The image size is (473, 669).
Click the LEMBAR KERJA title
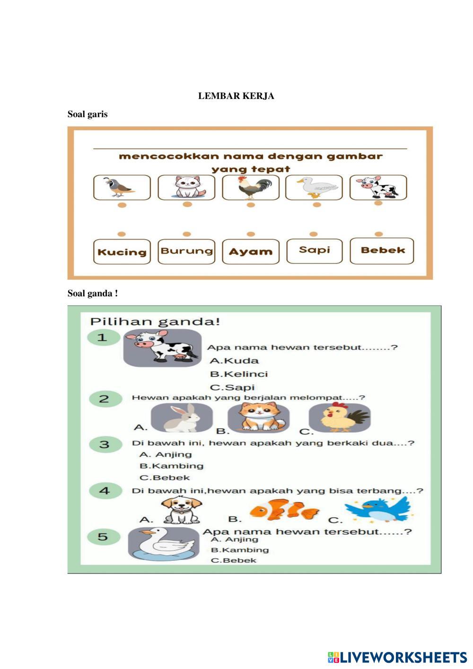click(x=236, y=96)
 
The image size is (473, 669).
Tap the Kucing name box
click(x=122, y=252)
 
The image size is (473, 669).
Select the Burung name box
click(x=186, y=251)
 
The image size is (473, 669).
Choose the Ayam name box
click(x=251, y=252)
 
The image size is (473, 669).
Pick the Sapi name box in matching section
click(x=314, y=250)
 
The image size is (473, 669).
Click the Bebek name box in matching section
click(x=382, y=250)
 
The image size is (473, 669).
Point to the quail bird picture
click(x=122, y=188)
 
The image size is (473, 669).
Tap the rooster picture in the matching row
click(x=251, y=188)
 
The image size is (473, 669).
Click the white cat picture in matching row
click(x=186, y=187)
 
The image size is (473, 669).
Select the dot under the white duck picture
click(x=317, y=204)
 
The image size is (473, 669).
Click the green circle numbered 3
click(x=104, y=444)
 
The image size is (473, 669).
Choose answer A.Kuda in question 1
click(x=235, y=361)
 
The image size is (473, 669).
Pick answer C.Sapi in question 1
click(x=232, y=387)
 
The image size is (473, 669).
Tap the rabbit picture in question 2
click(x=175, y=418)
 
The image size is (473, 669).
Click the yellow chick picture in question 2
click(x=339, y=417)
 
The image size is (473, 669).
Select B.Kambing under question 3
click(x=165, y=466)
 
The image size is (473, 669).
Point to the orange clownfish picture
click(x=285, y=511)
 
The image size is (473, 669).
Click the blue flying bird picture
click(x=378, y=509)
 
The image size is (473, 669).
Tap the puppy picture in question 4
click(x=181, y=511)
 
